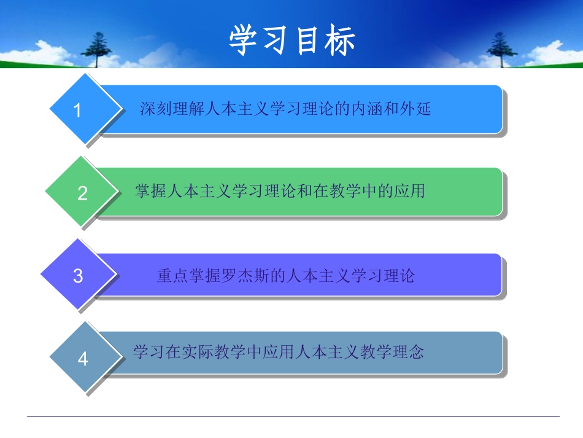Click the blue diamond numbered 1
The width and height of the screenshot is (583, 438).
point(77,110)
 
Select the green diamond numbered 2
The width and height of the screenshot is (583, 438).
point(82,193)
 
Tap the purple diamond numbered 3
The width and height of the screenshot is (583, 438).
point(78,275)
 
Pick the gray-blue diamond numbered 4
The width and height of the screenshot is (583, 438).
point(83,358)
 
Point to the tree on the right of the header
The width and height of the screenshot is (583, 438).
point(500,49)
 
